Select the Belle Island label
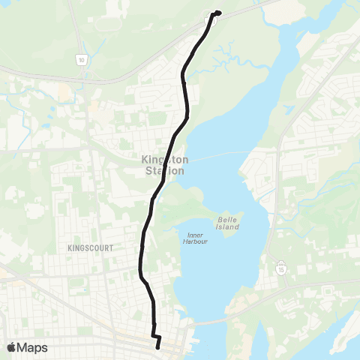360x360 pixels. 227,223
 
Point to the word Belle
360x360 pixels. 227,219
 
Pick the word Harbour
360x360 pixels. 196,242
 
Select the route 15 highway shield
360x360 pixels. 280,265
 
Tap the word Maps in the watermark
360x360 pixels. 33,347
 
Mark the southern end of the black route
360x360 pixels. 158,347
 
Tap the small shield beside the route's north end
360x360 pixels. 212,21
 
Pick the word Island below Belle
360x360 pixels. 227,226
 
